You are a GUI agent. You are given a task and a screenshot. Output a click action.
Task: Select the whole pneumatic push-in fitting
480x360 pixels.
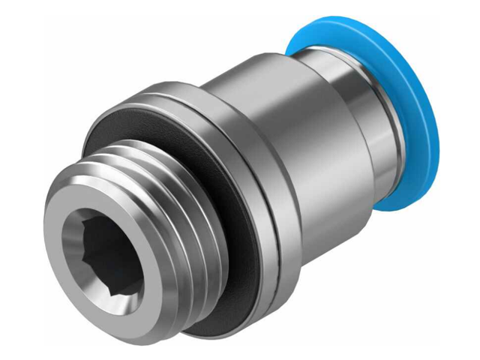[240, 180]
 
